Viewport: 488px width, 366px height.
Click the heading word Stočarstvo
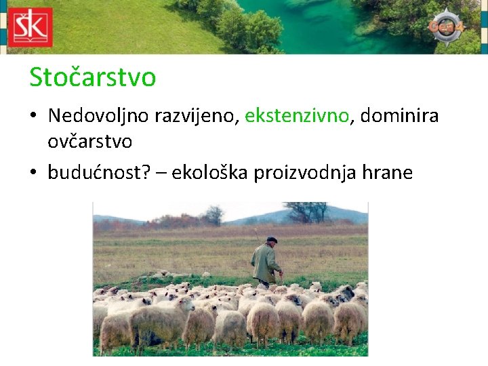tap(92, 77)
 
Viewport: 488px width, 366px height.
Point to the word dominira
tap(399, 116)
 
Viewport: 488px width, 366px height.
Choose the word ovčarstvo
tap(90, 142)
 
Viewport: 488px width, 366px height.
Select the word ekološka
tap(210, 173)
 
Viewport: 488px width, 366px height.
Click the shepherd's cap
tap(271, 240)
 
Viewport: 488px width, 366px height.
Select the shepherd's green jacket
tap(264, 263)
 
